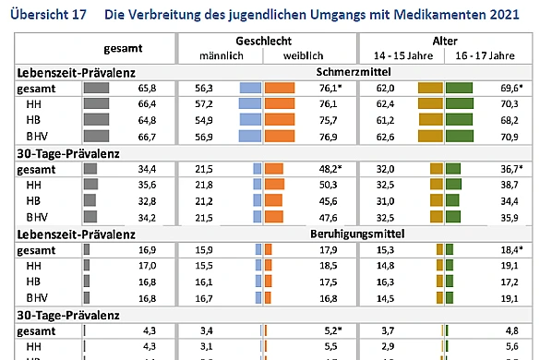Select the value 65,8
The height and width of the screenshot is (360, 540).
145,89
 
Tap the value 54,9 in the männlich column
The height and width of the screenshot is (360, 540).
203,121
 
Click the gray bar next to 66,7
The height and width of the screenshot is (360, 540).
96,137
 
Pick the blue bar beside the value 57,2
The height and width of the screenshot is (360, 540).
251,105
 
